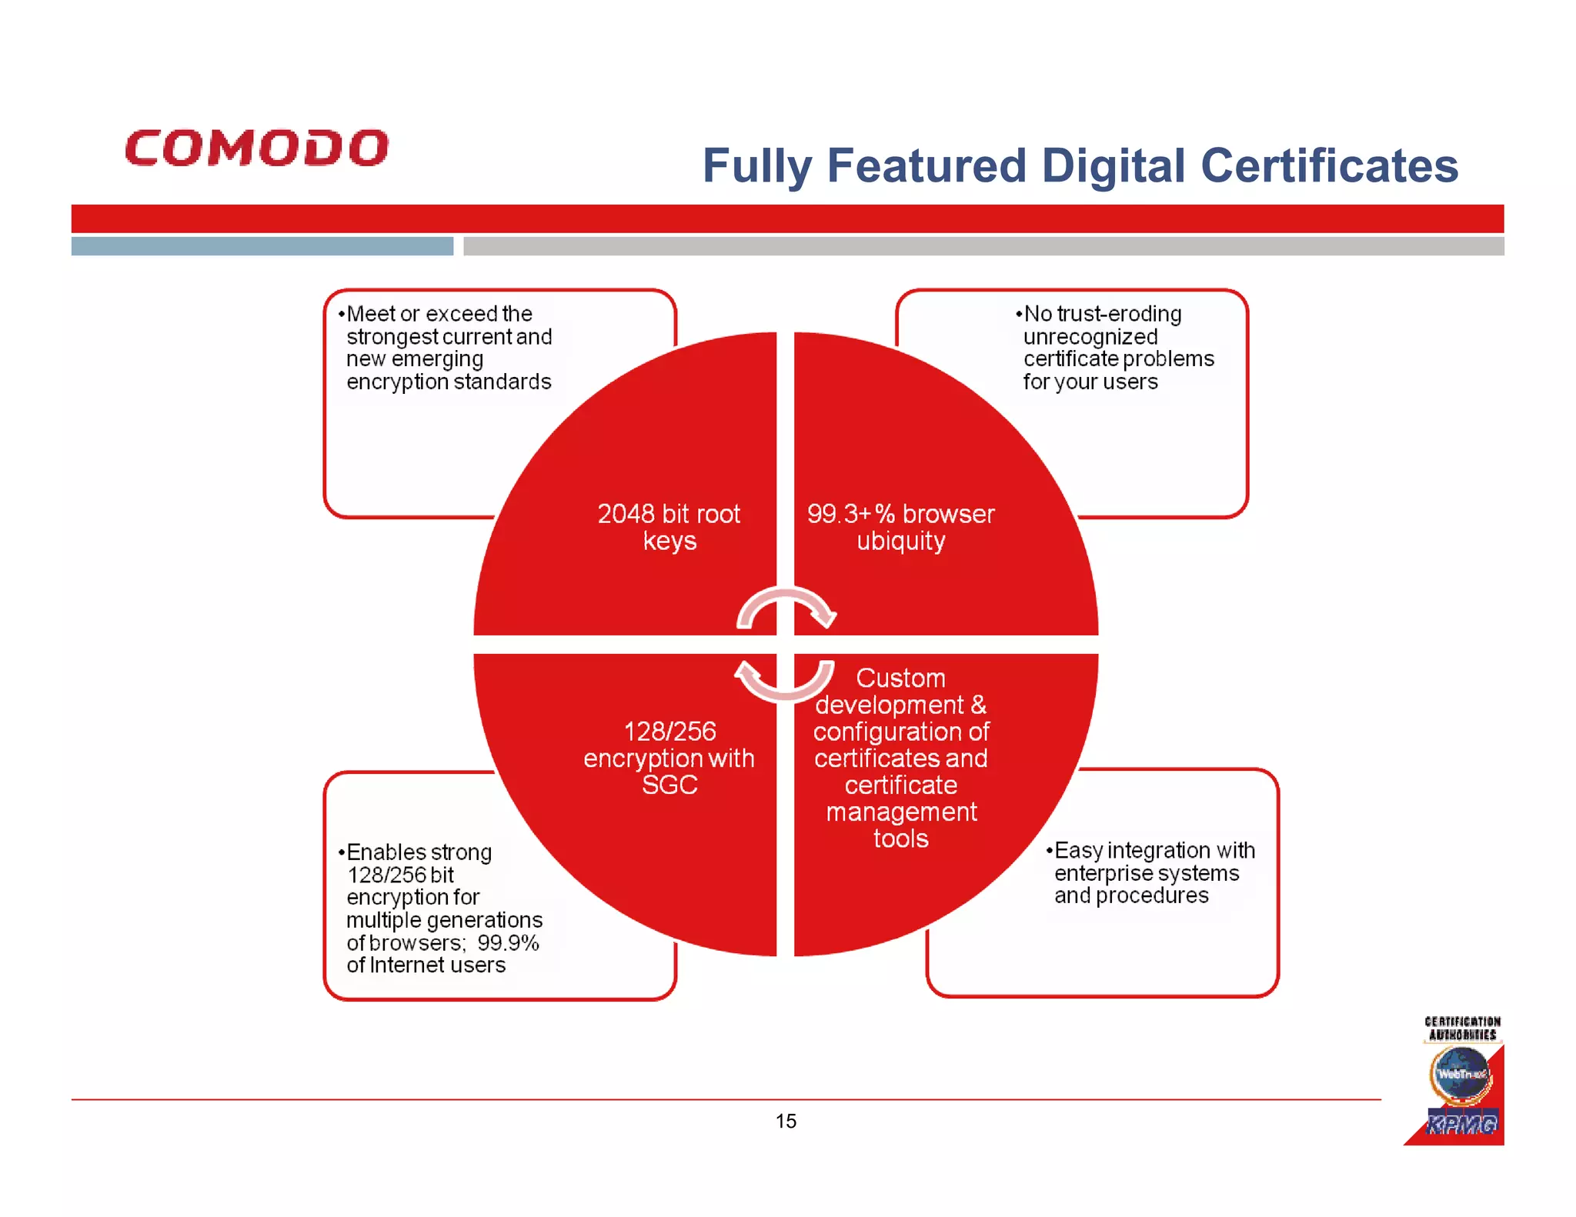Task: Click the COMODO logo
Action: click(x=257, y=148)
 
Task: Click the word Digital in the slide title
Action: click(x=1113, y=166)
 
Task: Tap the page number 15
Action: click(x=786, y=1121)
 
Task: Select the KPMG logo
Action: click(x=1461, y=1124)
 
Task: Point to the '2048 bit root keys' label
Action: click(x=669, y=527)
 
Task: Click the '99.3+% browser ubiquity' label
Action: click(x=900, y=527)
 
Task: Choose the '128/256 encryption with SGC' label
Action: click(x=669, y=758)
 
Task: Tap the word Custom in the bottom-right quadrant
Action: click(x=900, y=678)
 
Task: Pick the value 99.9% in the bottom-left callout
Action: click(x=508, y=943)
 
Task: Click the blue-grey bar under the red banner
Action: click(x=262, y=246)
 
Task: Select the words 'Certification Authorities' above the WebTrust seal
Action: click(x=1462, y=1029)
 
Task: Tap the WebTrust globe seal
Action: click(x=1461, y=1075)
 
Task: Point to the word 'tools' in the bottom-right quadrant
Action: click(x=900, y=839)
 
